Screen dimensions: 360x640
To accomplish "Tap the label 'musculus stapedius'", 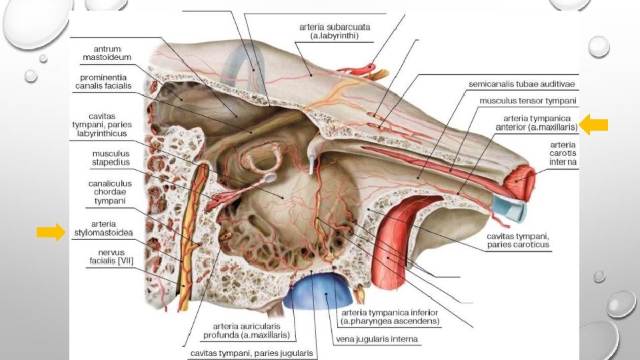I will click(x=111, y=158).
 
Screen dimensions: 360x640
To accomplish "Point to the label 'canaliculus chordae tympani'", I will click(x=110, y=191).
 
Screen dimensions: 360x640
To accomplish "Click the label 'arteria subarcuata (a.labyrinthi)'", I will click(x=335, y=31).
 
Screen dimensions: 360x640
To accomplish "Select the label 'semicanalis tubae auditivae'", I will click(x=521, y=85).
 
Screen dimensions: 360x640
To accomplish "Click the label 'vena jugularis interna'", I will click(x=377, y=339).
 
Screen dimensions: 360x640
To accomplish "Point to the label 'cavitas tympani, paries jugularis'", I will click(x=249, y=353).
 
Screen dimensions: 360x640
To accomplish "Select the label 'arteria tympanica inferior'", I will click(x=390, y=317).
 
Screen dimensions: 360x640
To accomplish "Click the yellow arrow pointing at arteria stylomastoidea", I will click(x=51, y=232).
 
